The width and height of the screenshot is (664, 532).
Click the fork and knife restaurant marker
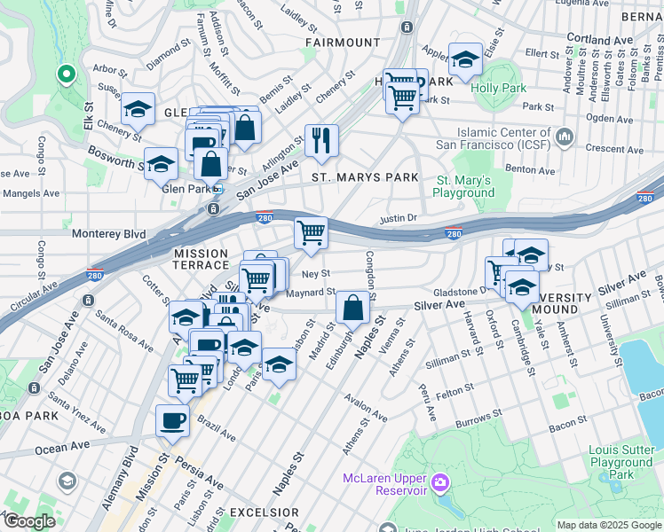click(x=321, y=140)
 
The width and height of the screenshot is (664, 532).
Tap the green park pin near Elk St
click(x=65, y=75)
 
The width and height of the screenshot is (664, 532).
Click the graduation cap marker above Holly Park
click(x=465, y=60)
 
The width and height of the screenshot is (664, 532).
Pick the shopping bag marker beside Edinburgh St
click(x=353, y=309)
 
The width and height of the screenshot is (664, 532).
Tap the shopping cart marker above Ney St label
click(x=311, y=234)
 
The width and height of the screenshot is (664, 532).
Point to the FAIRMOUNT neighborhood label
click(x=343, y=42)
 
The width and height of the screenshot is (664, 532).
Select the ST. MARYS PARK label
click(x=364, y=177)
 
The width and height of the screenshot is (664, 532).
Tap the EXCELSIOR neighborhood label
click(x=265, y=512)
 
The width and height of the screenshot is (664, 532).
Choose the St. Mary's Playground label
click(x=463, y=186)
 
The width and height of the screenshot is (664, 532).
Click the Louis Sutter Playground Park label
click(x=621, y=463)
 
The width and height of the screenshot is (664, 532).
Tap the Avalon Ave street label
click(x=368, y=408)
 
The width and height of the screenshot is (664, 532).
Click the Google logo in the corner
click(x=29, y=521)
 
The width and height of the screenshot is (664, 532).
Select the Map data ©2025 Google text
click(x=607, y=525)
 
